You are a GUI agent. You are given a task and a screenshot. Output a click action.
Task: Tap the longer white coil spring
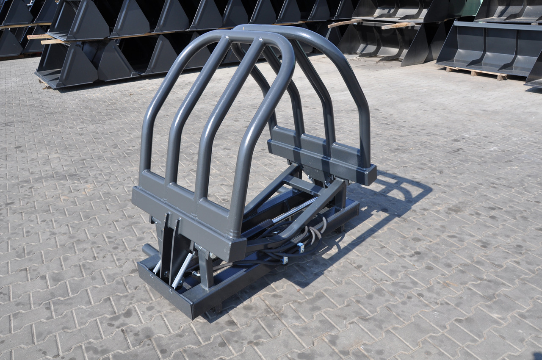(183, 270)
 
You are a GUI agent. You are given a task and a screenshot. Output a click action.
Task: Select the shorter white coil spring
(157, 266)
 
